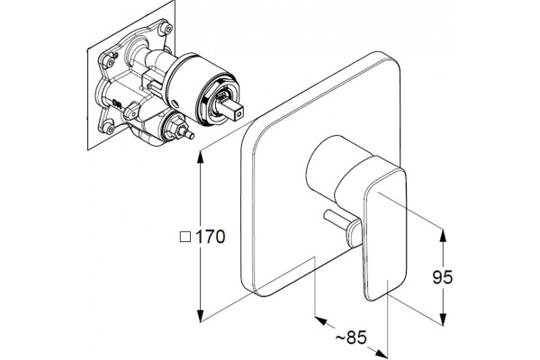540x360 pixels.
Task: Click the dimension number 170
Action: coord(211,237)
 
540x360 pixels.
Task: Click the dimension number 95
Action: coord(443,277)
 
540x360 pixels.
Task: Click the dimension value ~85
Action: coord(351,337)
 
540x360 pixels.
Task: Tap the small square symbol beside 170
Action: coord(185,237)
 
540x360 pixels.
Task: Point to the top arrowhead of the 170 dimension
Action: coord(200,157)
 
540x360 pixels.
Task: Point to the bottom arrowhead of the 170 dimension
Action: coord(200,316)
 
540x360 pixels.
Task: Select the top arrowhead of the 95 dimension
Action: coord(443,236)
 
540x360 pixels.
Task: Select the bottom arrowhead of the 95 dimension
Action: coord(443,319)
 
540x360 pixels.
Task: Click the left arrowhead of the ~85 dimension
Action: coord(321,320)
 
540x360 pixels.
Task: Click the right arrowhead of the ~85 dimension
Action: coord(382,354)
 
